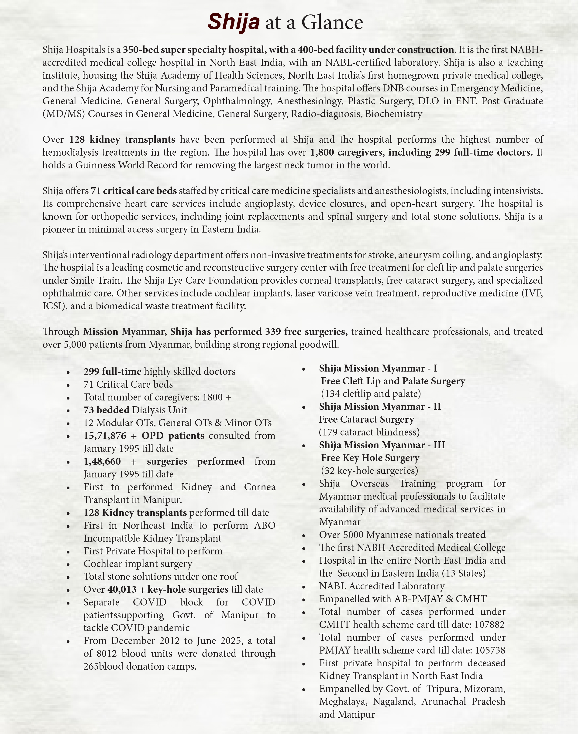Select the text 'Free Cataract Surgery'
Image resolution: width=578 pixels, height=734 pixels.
point(367,419)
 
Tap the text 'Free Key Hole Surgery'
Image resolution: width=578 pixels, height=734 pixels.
point(370,458)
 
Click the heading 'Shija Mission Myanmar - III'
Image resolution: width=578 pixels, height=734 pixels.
point(382,445)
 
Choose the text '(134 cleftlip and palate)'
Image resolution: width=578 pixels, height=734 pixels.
point(371,394)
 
